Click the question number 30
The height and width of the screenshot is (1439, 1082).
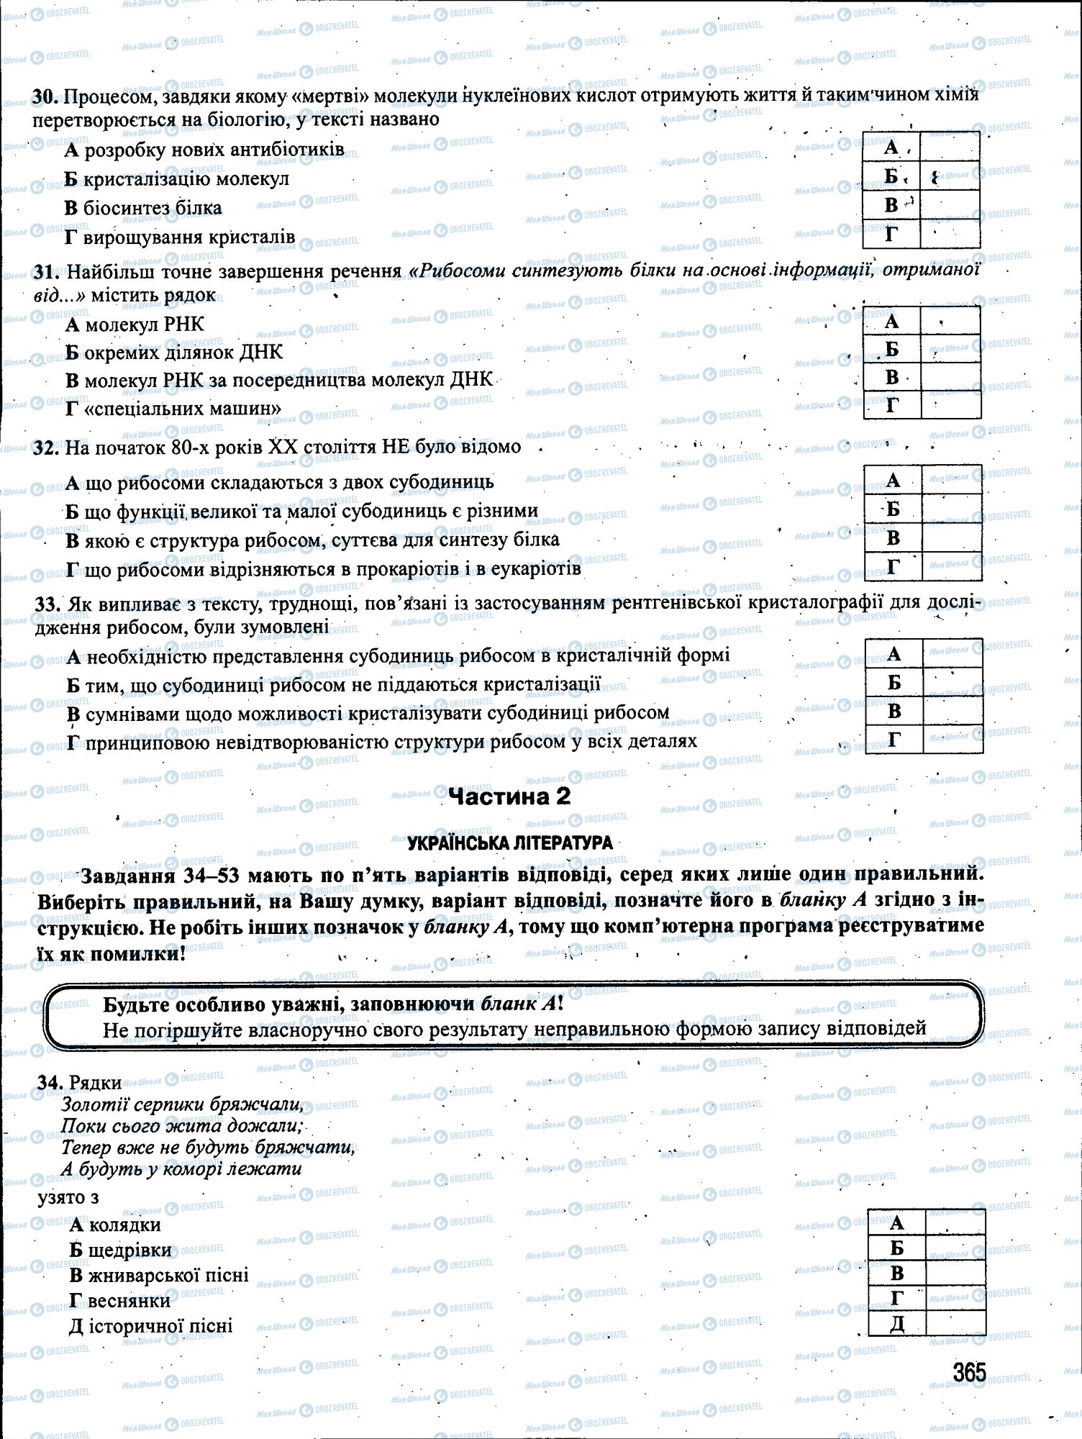pyautogui.click(x=46, y=96)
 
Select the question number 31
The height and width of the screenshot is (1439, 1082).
pyautogui.click(x=46, y=271)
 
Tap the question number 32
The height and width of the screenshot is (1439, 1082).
pyautogui.click(x=46, y=448)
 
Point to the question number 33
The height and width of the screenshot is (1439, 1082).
pyautogui.click(x=46, y=604)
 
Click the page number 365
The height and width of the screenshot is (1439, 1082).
pyautogui.click(x=968, y=1373)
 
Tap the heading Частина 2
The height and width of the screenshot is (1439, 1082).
pyautogui.click(x=509, y=796)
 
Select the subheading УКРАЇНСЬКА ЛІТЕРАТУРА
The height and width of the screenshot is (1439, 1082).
pyautogui.click(x=509, y=843)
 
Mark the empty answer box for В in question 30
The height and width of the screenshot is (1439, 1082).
pyautogui.click(x=950, y=205)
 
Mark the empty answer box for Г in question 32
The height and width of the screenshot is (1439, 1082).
pyautogui.click(x=951, y=567)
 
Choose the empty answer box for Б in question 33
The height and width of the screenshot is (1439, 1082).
pyautogui.click(x=953, y=682)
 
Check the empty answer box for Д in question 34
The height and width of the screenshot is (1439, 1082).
pyautogui.click(x=955, y=1322)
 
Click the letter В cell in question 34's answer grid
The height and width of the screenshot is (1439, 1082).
pyautogui.click(x=896, y=1273)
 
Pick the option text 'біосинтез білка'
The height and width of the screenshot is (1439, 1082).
pyautogui.click(x=153, y=208)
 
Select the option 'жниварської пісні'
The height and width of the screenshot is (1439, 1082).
pyautogui.click(x=168, y=1275)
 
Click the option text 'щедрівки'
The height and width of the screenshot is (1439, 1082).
pyautogui.click(x=132, y=1250)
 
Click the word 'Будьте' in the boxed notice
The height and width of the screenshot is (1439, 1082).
pyautogui.click(x=137, y=1005)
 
